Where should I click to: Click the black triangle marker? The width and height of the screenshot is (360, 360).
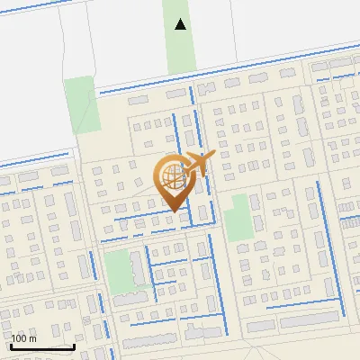[x=181, y=24]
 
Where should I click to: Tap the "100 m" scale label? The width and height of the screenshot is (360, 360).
[x=23, y=338]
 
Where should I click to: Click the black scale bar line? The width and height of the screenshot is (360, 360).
[x=42, y=346]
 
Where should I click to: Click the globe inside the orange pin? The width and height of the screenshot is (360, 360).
[x=171, y=177]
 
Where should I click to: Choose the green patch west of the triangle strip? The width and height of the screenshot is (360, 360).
[x=79, y=104]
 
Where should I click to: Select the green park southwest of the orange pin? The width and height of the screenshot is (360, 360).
[x=121, y=270]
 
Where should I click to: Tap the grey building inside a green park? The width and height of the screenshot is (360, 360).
[x=131, y=294]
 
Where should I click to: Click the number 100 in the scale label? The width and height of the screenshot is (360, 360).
[x=20, y=338]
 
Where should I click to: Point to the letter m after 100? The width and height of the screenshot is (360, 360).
[x=32, y=338]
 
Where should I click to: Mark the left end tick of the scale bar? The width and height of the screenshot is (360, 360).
[x=11, y=345]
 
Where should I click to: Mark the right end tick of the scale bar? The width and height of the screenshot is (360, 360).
[x=74, y=345]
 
